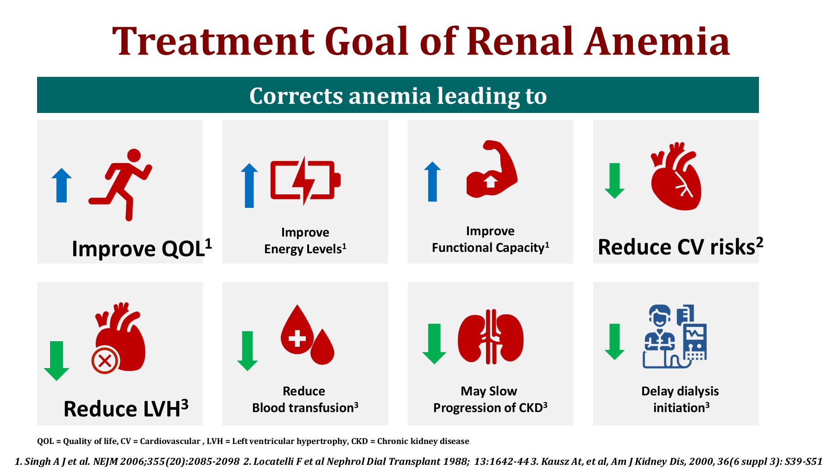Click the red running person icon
coord(120,184)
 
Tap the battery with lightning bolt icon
coord(304,181)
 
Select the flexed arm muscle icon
coord(492,169)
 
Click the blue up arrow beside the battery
coord(249,185)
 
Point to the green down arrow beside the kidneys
coord(434,344)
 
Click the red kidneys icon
coord(490,337)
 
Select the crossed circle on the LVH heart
coord(105,360)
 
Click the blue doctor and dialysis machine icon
coord(675,337)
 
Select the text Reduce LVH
coord(126,408)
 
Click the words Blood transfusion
coord(304,408)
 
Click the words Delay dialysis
coord(679,391)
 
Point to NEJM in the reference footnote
coord(106,462)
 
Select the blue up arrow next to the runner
coord(62,185)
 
